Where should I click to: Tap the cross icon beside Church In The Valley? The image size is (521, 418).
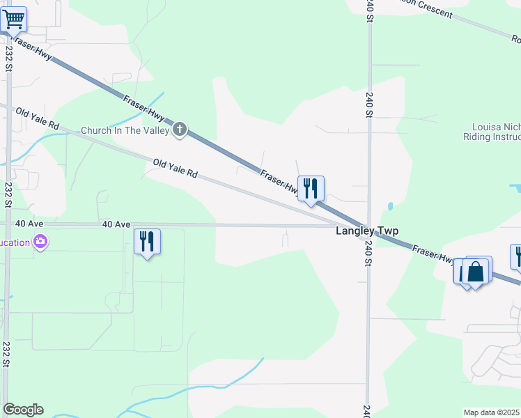[x=180, y=129]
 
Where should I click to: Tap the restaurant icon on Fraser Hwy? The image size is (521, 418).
[x=311, y=188]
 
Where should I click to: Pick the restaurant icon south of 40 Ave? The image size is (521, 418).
[x=147, y=242]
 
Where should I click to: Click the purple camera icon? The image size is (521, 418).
[x=40, y=242]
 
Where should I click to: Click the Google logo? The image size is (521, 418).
[x=23, y=410]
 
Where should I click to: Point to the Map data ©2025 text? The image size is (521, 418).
[x=492, y=412]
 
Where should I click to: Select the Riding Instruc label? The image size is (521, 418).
[x=492, y=138]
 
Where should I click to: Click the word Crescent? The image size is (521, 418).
[x=430, y=11]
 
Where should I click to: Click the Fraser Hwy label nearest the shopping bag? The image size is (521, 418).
[x=432, y=254]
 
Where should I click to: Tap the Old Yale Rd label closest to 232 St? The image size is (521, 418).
[x=38, y=119]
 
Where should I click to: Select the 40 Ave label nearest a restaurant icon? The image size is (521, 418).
[x=116, y=224]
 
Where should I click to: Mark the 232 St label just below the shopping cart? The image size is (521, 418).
[x=8, y=59]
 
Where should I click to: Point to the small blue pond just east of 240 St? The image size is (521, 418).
[x=389, y=206]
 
